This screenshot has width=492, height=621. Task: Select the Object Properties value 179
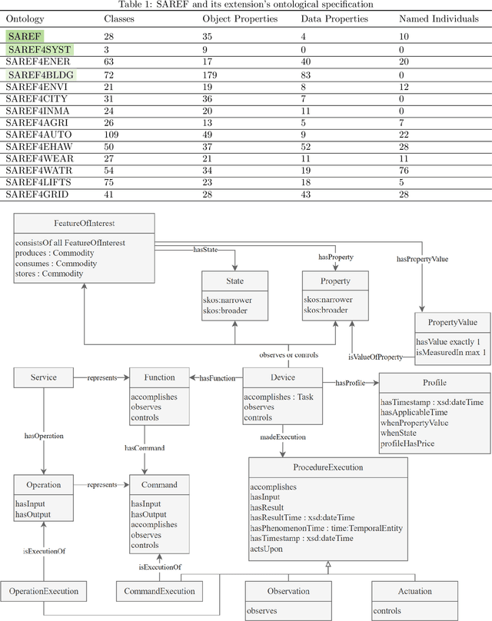coord(210,75)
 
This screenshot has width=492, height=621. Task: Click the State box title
coord(234,281)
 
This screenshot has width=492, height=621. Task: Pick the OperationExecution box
coord(43,591)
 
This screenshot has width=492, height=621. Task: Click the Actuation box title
coord(415,591)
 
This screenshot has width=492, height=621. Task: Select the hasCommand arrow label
coord(145,447)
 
